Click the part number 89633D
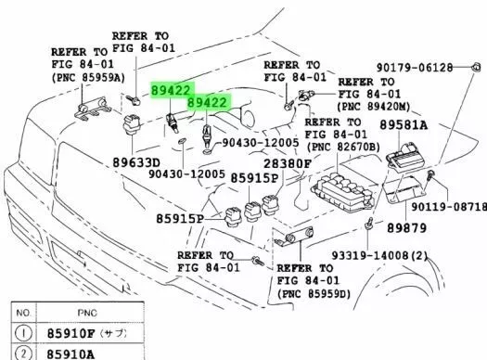tap(136, 162)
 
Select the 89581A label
tap(404, 125)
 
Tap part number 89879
tap(406, 228)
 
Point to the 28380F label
tap(287, 163)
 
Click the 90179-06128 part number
tap(415, 68)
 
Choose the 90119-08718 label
tap(449, 207)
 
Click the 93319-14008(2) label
tap(379, 256)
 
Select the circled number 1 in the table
tap(23, 333)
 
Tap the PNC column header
tap(87, 313)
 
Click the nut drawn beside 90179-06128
tap(476, 67)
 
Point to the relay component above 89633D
tap(132, 124)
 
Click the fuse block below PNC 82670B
tap(343, 193)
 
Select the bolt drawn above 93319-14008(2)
tap(368, 224)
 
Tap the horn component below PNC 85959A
tap(93, 108)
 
